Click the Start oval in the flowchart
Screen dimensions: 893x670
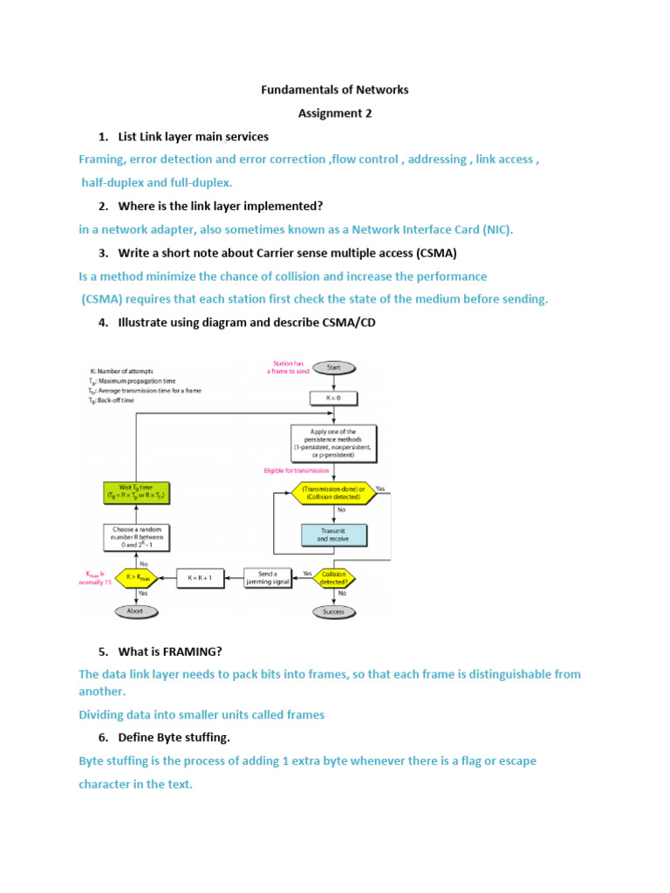click(332, 368)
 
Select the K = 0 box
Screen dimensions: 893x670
click(332, 398)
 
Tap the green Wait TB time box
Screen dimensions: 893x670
click(136, 492)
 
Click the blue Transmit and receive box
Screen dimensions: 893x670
click(333, 534)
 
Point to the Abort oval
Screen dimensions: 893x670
click(136, 611)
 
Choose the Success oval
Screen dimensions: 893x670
click(333, 611)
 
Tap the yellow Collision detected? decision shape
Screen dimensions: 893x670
click(333, 576)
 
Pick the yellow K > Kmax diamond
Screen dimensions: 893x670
click(136, 576)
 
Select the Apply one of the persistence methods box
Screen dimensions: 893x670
click(333, 443)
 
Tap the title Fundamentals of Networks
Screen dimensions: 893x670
click(335, 90)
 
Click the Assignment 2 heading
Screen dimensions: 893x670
click(335, 113)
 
